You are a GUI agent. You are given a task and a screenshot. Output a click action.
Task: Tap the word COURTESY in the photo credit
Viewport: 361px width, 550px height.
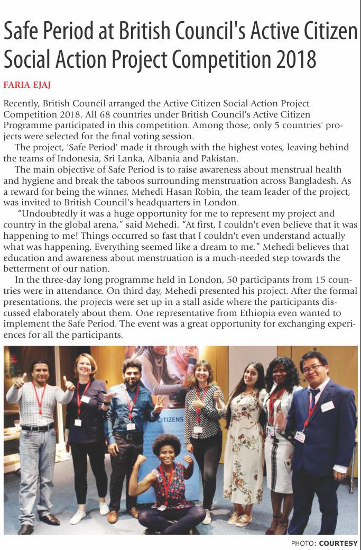coord(338,543)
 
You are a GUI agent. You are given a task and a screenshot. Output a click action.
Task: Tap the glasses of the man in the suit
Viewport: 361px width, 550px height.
coord(312,367)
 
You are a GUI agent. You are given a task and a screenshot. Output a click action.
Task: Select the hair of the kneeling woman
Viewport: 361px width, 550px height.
coord(166,444)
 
